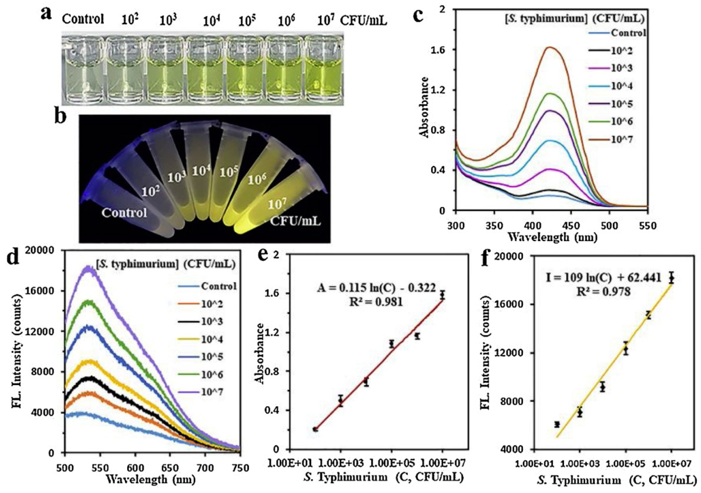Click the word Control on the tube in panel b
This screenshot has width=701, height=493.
tap(124, 213)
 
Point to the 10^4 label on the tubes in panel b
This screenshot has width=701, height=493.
tap(202, 172)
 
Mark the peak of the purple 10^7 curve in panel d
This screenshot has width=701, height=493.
tap(89, 268)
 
